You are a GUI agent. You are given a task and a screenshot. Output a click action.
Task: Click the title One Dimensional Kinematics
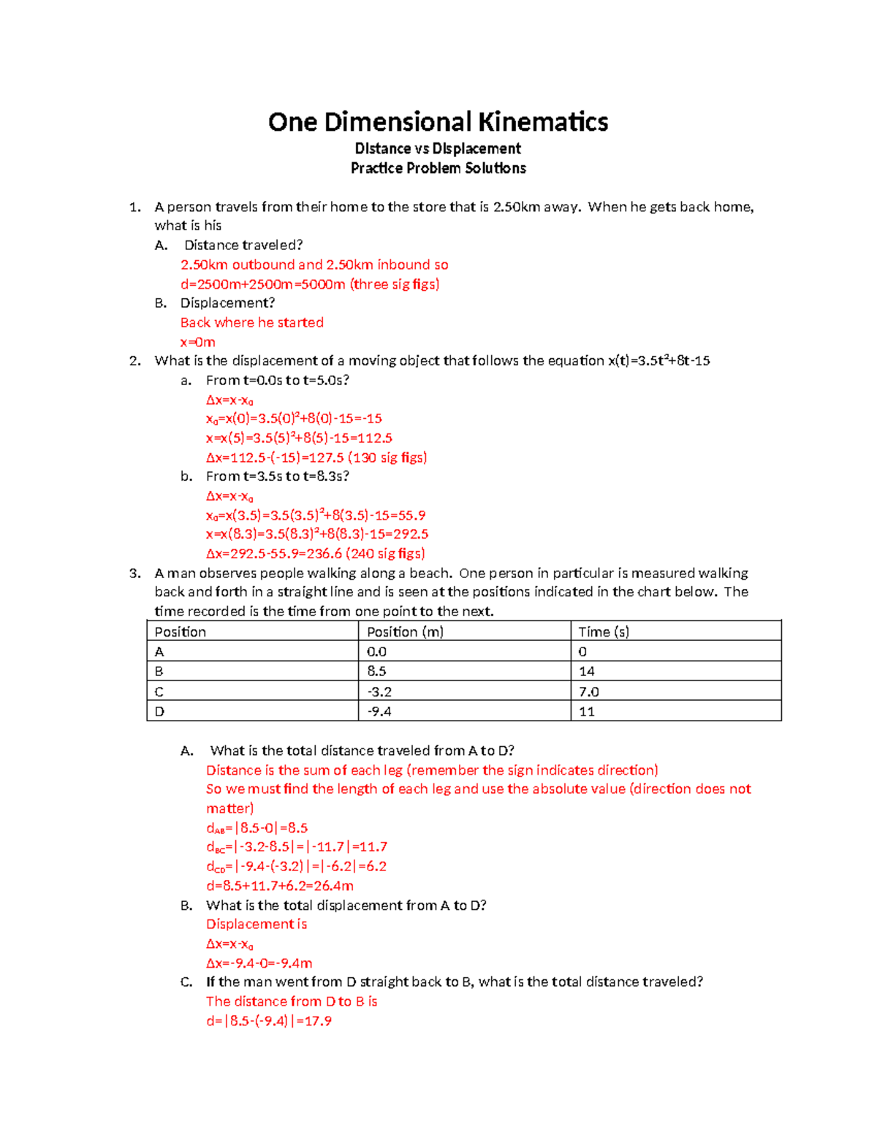coord(438,121)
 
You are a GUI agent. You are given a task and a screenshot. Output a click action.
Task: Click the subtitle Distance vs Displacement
coord(438,148)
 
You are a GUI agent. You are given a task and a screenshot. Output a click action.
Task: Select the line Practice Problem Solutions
coord(438,168)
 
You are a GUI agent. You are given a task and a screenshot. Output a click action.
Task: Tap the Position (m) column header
coord(405,631)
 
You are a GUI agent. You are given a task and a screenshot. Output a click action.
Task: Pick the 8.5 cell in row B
coord(376,671)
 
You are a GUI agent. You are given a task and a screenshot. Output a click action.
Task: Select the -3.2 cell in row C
coord(379,691)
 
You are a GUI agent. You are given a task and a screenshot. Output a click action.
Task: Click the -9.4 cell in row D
coord(379,711)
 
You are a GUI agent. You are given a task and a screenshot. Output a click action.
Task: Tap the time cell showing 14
coord(586,671)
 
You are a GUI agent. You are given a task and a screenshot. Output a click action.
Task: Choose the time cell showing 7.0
coord(588,691)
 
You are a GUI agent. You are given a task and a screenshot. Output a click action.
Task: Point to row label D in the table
coord(159,711)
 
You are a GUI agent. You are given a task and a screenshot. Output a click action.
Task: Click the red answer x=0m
coord(197,342)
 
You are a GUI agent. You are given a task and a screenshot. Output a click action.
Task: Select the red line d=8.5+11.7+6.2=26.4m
coord(280,886)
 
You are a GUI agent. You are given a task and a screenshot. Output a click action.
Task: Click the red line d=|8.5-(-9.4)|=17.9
coord(269,1021)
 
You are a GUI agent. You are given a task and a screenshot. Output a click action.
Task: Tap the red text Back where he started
coord(251,322)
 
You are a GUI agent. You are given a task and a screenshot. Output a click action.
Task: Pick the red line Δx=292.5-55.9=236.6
coord(315,553)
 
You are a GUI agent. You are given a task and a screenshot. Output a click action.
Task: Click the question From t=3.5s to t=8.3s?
coord(278,477)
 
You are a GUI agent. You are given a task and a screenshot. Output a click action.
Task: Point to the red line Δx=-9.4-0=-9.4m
coord(259,963)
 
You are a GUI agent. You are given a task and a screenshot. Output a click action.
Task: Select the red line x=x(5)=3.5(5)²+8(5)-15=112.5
coord(299,438)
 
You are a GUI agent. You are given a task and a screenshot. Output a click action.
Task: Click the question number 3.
coord(134,573)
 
